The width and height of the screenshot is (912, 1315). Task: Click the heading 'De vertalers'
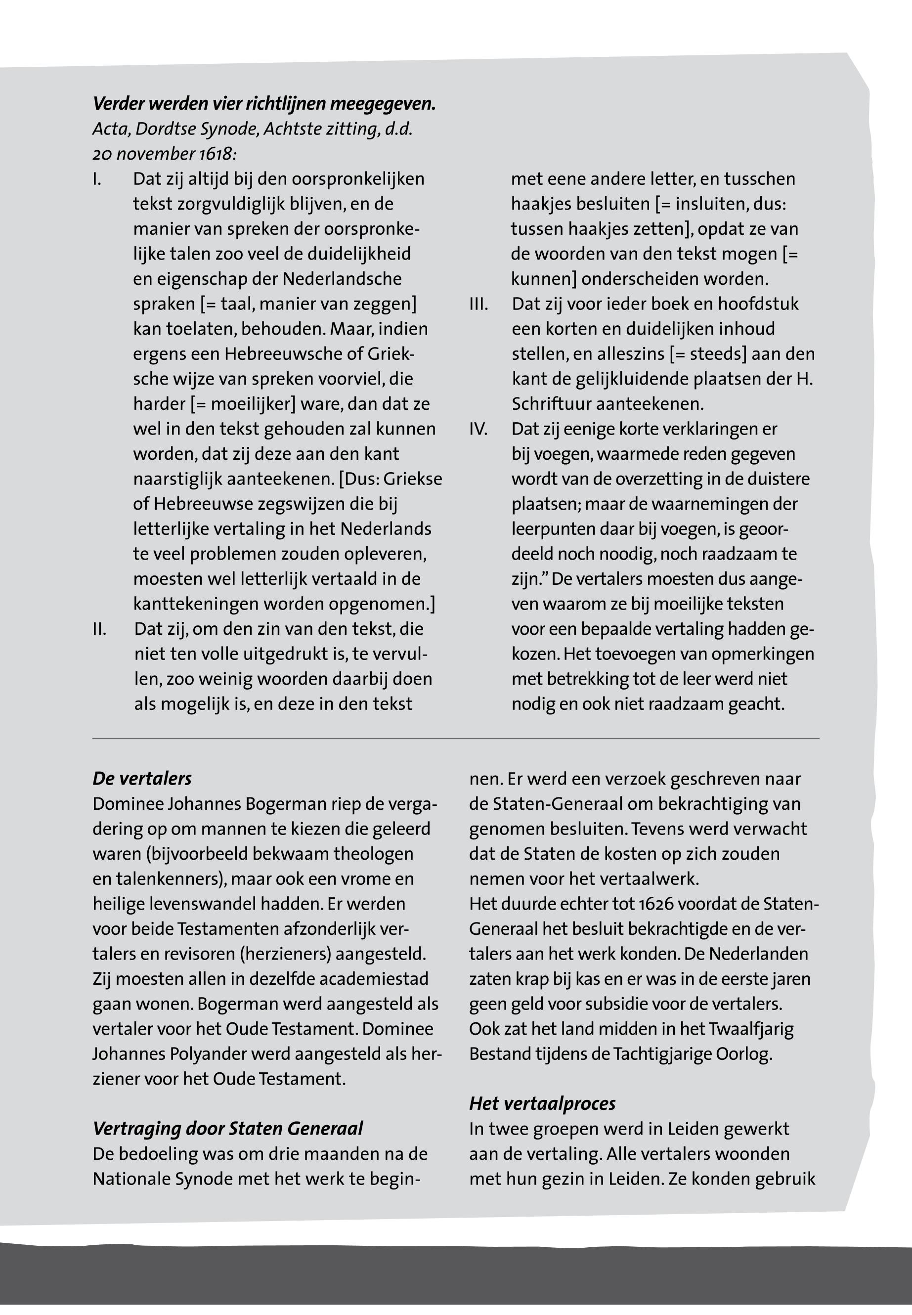tap(142, 778)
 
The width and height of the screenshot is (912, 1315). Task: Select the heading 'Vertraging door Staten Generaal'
tap(227, 1129)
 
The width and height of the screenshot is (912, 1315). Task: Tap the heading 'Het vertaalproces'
tap(542, 1103)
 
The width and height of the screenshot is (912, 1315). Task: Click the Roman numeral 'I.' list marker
tap(97, 179)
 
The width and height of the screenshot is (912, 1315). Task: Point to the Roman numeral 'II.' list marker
tap(99, 629)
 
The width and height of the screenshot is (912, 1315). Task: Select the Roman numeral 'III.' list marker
tap(478, 304)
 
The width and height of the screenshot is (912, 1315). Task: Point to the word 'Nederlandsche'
tap(342, 279)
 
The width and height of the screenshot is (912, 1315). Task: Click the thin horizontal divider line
tap(455, 739)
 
